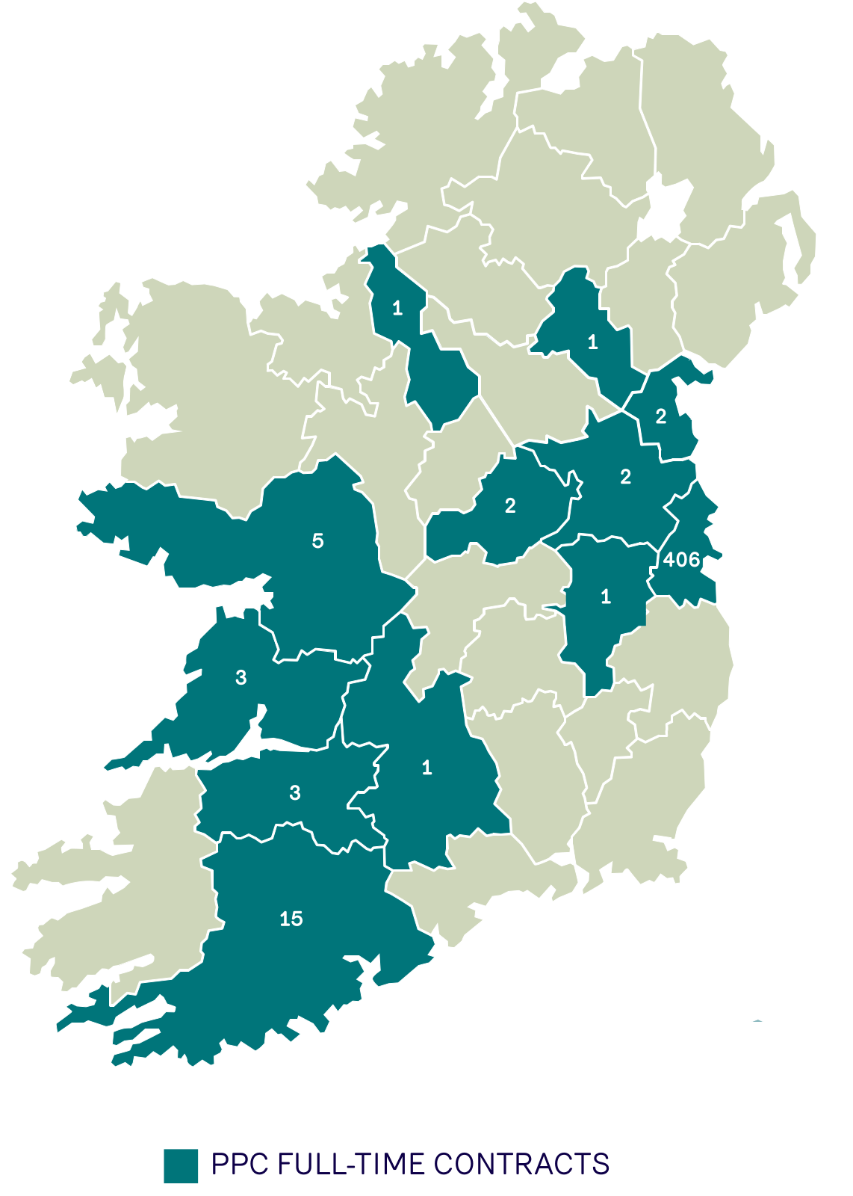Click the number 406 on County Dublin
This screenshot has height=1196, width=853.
click(x=681, y=559)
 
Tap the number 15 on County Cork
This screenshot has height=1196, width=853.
click(x=291, y=919)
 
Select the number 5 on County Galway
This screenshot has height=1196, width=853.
click(x=318, y=540)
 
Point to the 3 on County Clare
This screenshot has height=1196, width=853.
click(x=241, y=677)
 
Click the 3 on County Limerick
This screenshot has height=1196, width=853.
click(x=295, y=792)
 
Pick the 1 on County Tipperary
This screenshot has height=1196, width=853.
click(x=426, y=768)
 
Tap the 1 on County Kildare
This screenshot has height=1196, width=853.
click(x=606, y=597)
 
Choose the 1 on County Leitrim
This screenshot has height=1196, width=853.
click(x=397, y=307)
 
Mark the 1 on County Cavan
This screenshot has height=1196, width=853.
click(x=593, y=342)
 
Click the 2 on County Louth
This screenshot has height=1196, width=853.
click(x=661, y=416)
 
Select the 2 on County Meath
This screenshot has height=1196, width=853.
click(x=626, y=476)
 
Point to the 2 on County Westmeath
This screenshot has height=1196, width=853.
click(x=510, y=506)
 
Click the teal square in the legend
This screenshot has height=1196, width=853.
click(x=181, y=1165)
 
